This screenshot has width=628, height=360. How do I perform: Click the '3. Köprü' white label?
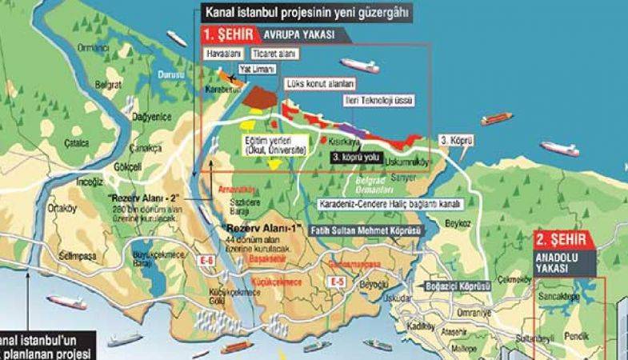(457, 140)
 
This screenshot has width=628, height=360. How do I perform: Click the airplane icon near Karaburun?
(230, 78)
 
